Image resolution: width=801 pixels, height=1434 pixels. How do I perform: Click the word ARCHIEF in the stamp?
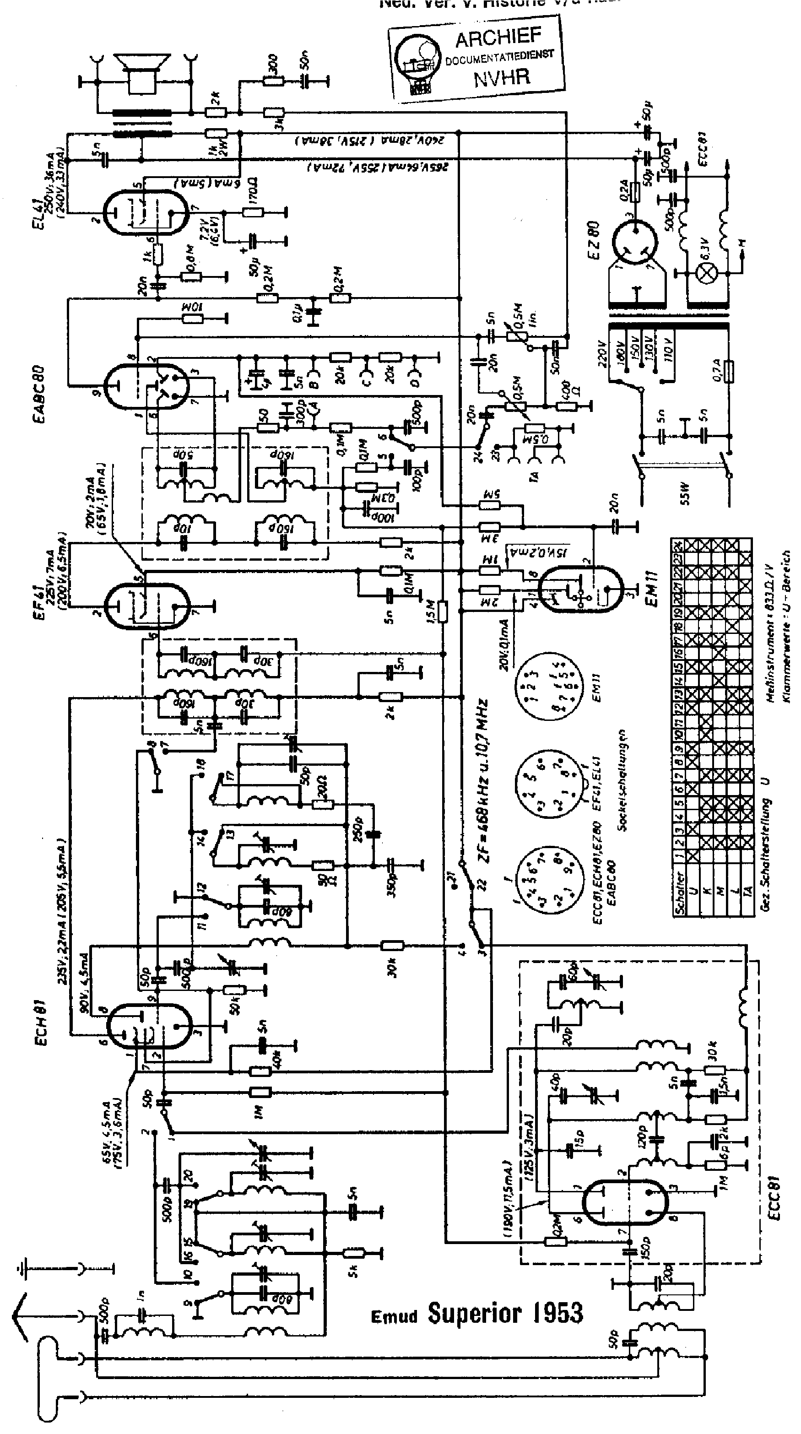tap(498, 38)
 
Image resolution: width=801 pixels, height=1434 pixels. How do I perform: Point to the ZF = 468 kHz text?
tap(484, 780)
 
